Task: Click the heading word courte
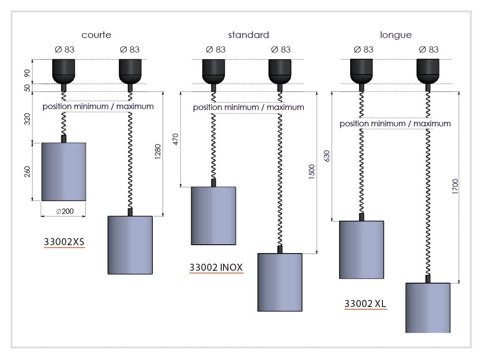point(96,35)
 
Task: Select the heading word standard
point(248,35)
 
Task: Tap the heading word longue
point(396,35)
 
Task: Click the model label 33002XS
point(64,242)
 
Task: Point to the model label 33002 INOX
point(216,267)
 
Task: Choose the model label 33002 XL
point(365,304)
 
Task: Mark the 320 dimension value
point(28,119)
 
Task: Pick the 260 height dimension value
point(28,171)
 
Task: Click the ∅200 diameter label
point(65,212)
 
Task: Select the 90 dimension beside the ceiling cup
point(28,72)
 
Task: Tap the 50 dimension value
point(28,87)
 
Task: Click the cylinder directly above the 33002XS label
point(64,171)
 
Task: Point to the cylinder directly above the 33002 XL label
point(361,250)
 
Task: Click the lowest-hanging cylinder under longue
point(427,307)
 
